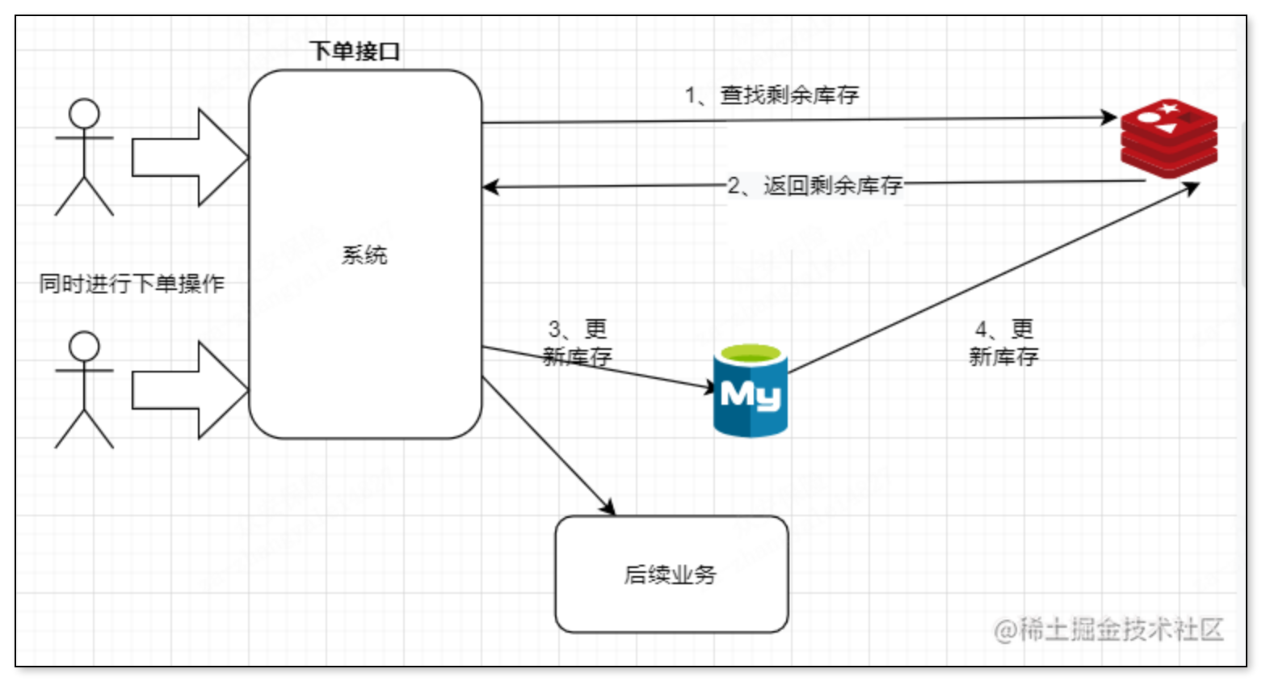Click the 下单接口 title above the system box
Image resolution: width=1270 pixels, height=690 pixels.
(355, 52)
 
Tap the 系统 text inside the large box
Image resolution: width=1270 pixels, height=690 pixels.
(364, 255)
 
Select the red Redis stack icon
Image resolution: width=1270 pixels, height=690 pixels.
(1169, 138)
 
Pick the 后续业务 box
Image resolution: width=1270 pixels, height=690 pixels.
(671, 574)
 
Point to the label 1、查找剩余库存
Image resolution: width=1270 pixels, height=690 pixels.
(772, 95)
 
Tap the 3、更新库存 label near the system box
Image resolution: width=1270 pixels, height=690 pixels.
(578, 343)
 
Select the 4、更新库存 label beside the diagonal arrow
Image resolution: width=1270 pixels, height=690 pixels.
(1003, 343)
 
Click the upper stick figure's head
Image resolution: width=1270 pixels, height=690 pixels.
(84, 113)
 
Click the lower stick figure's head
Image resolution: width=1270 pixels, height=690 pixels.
(84, 346)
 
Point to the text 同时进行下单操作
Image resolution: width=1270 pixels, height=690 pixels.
(132, 284)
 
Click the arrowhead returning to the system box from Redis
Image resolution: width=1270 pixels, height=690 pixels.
(490, 187)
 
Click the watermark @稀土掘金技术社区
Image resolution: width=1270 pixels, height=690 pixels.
(1108, 629)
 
